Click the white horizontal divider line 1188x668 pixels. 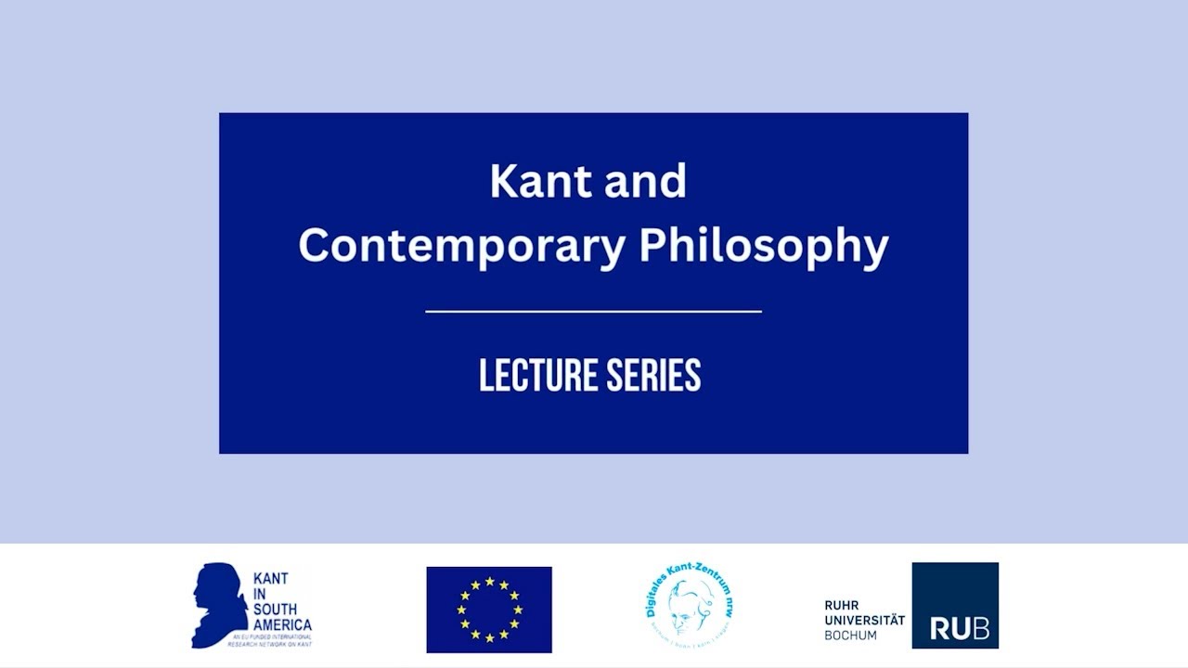[x=593, y=312]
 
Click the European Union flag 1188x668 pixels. [x=489, y=610]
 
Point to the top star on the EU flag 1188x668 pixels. [x=489, y=582]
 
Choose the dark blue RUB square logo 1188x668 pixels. [x=955, y=605]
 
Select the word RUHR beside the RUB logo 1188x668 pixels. [x=841, y=606]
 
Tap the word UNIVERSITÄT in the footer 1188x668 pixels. [x=864, y=621]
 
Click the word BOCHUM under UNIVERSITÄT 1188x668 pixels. [x=850, y=636]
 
